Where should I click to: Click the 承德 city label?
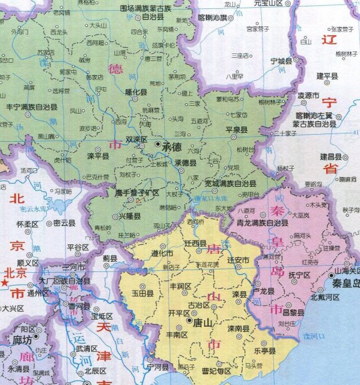(173, 146)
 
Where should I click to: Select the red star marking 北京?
(6, 282)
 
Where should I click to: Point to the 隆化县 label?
(135, 92)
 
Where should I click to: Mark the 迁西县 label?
(195, 244)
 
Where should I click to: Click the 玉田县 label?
(142, 293)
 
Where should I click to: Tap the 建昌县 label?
(330, 156)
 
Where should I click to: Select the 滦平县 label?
(99, 156)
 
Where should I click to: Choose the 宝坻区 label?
(102, 316)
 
